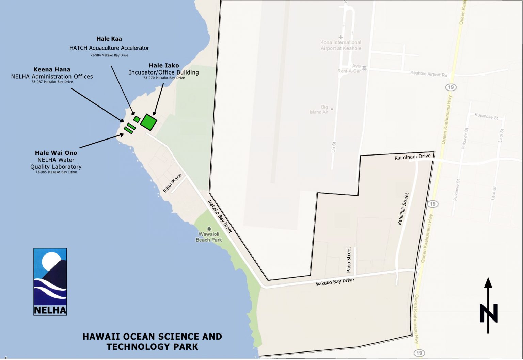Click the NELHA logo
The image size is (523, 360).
click(50, 282)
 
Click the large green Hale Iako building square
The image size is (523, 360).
click(148, 122)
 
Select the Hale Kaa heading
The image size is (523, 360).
click(109, 39)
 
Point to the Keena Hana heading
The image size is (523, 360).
click(52, 70)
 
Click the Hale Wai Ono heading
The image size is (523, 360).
click(56, 153)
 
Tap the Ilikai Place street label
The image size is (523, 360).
click(172, 183)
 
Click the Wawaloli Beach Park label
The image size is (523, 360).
click(209, 237)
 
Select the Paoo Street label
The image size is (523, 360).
click(349, 260)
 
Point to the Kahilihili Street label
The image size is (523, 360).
click(403, 209)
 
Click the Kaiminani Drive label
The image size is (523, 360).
click(412, 157)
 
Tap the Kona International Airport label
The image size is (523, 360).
click(340, 45)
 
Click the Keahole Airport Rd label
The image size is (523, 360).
click(429, 73)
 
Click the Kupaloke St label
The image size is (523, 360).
click(486, 116)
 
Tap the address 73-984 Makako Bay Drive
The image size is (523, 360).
click(109, 55)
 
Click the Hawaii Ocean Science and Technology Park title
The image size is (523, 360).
click(152, 342)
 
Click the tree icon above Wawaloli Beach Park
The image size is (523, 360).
click(209, 229)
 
